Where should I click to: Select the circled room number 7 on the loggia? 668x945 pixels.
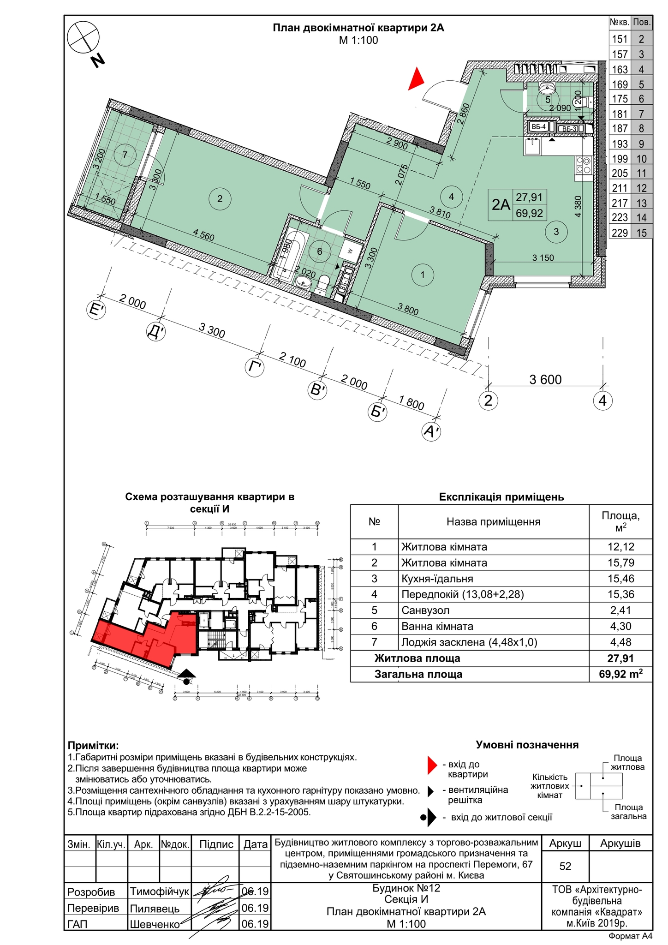[x=125, y=155]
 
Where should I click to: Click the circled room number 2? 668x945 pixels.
[x=220, y=199]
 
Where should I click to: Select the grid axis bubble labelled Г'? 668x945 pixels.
[x=255, y=368]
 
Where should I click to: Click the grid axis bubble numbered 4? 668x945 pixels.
[x=602, y=401]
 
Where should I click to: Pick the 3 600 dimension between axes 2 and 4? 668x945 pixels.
[x=545, y=380]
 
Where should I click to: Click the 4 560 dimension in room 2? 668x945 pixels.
[x=203, y=235]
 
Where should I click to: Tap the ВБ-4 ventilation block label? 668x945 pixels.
[x=538, y=126]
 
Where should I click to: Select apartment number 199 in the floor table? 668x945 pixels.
[x=620, y=158]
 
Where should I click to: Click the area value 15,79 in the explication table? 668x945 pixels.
[x=620, y=563]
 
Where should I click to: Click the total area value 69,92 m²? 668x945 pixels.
[x=620, y=674]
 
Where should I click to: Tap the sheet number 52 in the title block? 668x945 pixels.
[x=565, y=866]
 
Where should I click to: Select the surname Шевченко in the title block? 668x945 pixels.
[x=155, y=924]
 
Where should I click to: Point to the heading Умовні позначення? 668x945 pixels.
[x=527, y=745]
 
